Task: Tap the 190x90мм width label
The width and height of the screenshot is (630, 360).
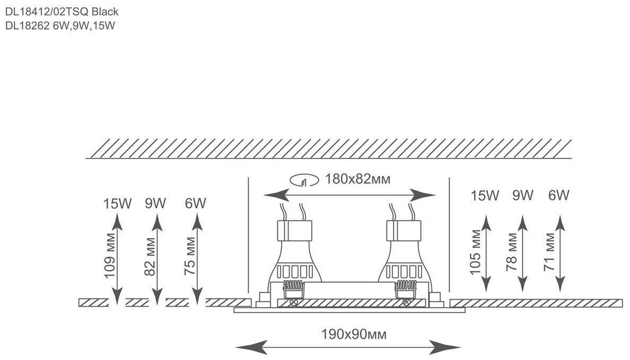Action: (354, 335)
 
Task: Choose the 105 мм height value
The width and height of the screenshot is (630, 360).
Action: (477, 252)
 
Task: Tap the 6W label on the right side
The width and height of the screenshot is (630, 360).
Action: (558, 196)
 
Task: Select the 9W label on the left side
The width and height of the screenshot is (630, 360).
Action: (155, 203)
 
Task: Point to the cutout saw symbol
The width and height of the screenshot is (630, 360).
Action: (304, 181)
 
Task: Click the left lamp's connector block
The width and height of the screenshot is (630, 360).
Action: (293, 231)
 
